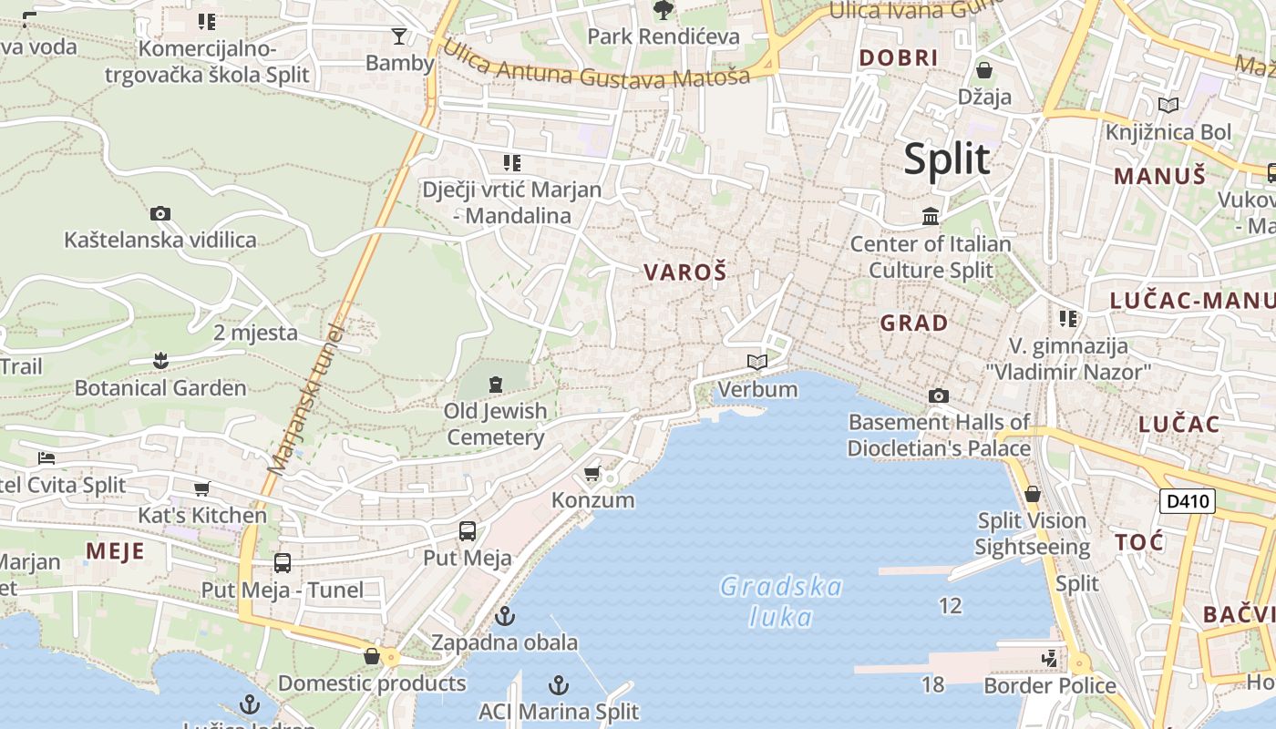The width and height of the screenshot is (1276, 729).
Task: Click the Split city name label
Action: pyautogui.click(x=947, y=159)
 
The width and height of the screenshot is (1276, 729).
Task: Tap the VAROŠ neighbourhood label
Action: pyautogui.click(x=685, y=272)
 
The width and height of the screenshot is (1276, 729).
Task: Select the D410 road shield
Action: pyautogui.click(x=1188, y=500)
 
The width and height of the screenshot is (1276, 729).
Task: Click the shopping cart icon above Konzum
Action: pyautogui.click(x=592, y=474)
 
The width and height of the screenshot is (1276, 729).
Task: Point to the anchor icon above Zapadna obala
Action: pyautogui.click(x=504, y=617)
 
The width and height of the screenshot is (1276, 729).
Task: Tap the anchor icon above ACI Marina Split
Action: pyautogui.click(x=559, y=685)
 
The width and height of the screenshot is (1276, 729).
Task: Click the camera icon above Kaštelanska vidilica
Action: pyautogui.click(x=160, y=214)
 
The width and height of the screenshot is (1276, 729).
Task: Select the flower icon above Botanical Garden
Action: pyautogui.click(x=160, y=361)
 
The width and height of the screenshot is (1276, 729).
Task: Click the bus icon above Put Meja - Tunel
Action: pyautogui.click(x=283, y=563)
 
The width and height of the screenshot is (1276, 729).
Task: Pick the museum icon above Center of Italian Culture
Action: pyautogui.click(x=931, y=217)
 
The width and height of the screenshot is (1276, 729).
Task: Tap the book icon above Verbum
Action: pyautogui.click(x=756, y=363)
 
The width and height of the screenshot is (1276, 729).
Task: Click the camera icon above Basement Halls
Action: pyautogui.click(x=938, y=395)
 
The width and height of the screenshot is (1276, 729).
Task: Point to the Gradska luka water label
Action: pyautogui.click(x=780, y=601)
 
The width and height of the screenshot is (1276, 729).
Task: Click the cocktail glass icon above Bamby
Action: pyautogui.click(x=399, y=36)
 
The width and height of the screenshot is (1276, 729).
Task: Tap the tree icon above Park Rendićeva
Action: pyautogui.click(x=664, y=10)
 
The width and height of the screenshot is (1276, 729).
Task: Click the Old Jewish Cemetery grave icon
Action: pyautogui.click(x=495, y=385)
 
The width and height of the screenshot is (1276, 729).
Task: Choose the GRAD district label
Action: pyautogui.click(x=913, y=323)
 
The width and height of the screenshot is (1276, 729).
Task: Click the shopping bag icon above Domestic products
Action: pyautogui.click(x=372, y=656)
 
